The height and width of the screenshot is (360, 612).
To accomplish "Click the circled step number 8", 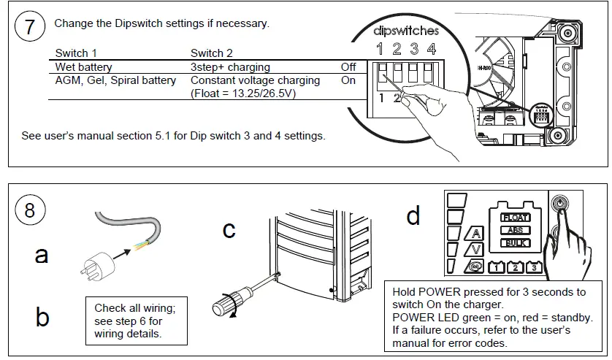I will pos(30,210).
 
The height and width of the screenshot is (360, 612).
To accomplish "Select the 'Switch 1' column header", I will pos(76,53).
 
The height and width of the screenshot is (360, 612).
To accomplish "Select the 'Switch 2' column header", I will pos(212,53).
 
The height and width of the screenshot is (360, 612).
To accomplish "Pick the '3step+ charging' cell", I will pos(230,67).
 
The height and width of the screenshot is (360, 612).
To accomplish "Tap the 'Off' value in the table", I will pos(348,67).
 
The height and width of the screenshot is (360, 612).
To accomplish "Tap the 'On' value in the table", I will pos(348,80).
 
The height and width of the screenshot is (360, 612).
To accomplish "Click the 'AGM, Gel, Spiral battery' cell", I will pos(115,80).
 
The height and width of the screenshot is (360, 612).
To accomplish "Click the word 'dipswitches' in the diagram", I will pos(406,31).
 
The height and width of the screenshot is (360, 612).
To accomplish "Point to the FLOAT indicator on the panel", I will pos(515,217).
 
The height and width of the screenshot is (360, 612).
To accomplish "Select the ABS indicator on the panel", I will pos(515,230).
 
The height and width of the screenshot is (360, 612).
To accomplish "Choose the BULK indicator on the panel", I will pos(515,243).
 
